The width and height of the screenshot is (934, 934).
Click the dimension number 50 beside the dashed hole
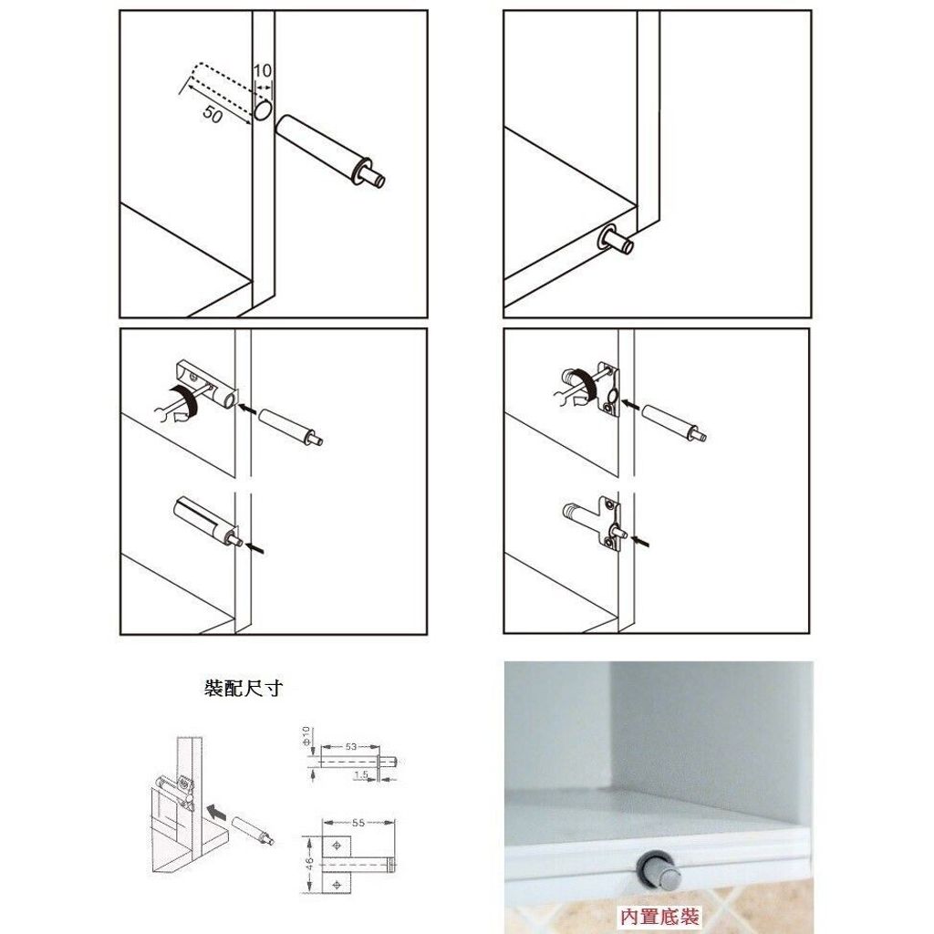tap(213, 113)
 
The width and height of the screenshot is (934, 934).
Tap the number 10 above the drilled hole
tap(262, 70)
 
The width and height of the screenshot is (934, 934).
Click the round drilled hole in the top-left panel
tap(263, 109)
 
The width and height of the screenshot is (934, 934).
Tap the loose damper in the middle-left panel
tap(291, 427)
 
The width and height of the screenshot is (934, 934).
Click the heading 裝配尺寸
tap(243, 689)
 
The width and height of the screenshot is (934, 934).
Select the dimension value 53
tap(350, 746)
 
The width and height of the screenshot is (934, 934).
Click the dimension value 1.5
tap(361, 774)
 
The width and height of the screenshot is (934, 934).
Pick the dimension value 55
tap(358, 823)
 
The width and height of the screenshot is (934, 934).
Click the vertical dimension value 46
tap(310, 864)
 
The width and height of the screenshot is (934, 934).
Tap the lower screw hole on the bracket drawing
tap(337, 885)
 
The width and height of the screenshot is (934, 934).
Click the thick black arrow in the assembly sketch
tap(215, 811)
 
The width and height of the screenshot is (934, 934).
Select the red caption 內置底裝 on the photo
tap(659, 916)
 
